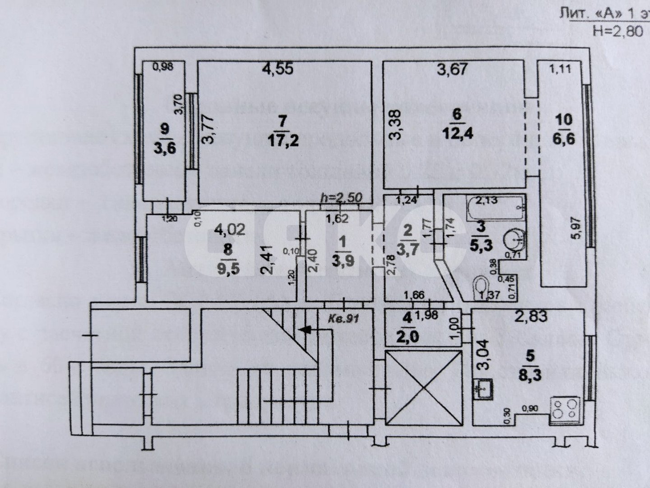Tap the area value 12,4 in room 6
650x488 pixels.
point(457,134)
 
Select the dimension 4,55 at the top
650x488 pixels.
point(278,69)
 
